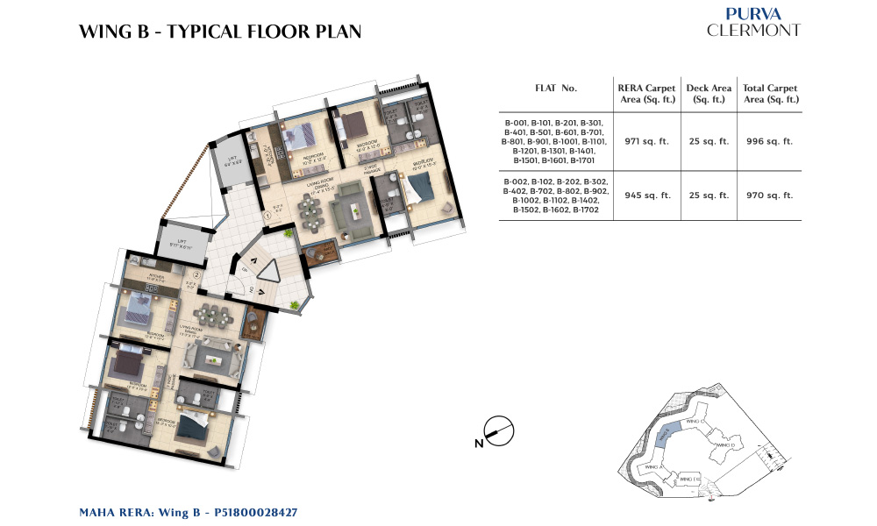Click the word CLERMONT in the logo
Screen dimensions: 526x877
(x=753, y=30)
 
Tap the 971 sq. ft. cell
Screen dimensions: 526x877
(x=646, y=141)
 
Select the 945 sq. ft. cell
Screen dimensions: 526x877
(x=646, y=195)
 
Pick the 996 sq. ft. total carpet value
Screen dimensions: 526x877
(x=769, y=141)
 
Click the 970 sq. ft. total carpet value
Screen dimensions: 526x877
(x=769, y=195)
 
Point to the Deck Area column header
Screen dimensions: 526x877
(x=708, y=94)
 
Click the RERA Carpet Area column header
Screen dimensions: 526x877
(x=646, y=94)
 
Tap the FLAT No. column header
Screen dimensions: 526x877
(x=556, y=89)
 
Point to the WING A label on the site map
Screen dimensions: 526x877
(x=653, y=467)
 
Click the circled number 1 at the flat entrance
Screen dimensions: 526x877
(x=267, y=215)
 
